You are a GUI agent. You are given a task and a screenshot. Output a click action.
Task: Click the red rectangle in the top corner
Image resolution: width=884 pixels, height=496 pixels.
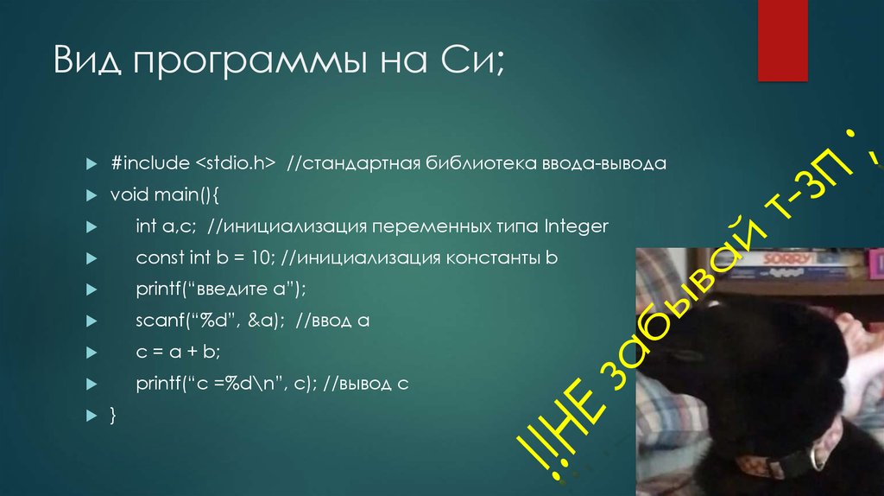[x=781, y=39]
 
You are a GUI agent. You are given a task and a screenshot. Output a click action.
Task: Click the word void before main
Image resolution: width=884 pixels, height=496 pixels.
[x=127, y=195]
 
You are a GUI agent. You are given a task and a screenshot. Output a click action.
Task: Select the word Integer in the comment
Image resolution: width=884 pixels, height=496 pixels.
[x=577, y=226]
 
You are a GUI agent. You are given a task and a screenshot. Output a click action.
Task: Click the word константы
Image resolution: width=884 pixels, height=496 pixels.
[x=491, y=258]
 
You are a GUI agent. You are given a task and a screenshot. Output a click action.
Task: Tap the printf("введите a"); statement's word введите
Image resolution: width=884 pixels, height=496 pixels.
[x=226, y=289]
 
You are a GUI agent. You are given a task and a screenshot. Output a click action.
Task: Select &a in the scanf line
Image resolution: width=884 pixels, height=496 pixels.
[x=262, y=321]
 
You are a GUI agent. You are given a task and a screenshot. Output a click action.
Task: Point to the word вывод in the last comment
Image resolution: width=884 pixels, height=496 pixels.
[x=371, y=385]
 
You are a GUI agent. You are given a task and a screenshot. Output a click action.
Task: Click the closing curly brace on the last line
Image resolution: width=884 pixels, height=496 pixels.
[x=113, y=416]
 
